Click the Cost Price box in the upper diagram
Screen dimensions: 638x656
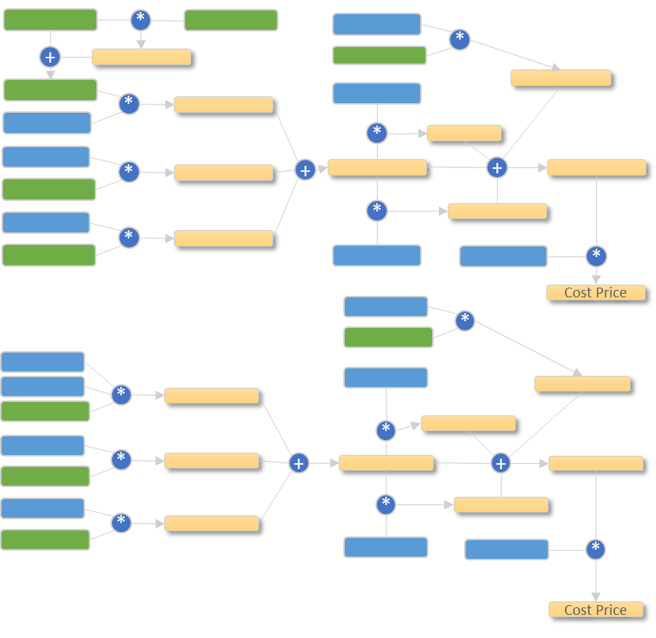point(596,292)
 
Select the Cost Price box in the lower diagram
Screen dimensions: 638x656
point(596,610)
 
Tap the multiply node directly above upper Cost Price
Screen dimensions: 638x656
point(596,256)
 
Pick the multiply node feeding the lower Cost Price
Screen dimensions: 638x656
point(595,550)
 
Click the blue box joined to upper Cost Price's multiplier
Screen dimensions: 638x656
point(503,256)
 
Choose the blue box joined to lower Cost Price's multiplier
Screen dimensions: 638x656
point(506,550)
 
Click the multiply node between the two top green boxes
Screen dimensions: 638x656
point(140,20)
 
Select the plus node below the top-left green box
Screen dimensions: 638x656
point(50,57)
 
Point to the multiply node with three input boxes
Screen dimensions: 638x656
point(121,394)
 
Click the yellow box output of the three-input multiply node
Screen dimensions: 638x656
point(211,395)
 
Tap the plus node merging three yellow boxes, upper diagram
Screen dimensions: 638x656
point(304,170)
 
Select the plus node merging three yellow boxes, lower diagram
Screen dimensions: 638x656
point(299,463)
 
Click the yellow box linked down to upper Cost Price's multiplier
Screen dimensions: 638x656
point(596,167)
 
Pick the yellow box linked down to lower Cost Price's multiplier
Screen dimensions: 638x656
point(596,463)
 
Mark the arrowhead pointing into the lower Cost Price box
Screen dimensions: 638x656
point(596,597)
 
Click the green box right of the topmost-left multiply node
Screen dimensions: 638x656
point(231,20)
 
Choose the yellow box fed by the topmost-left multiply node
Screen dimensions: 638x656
point(141,57)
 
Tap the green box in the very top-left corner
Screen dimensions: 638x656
point(50,20)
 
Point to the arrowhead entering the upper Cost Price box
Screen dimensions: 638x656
point(596,279)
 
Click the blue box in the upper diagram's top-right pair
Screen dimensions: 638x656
point(377,24)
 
